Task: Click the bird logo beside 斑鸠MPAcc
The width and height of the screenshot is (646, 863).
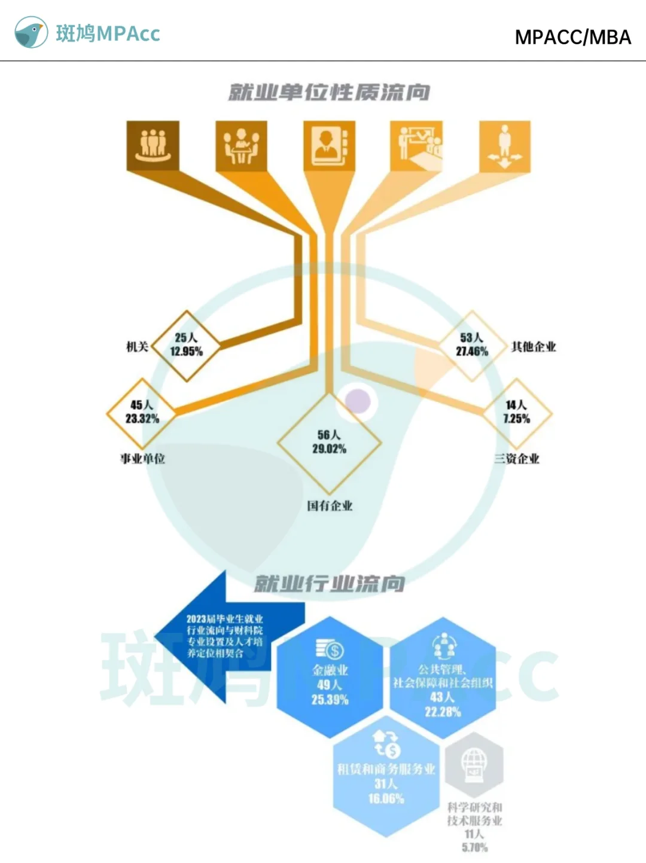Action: (x=31, y=32)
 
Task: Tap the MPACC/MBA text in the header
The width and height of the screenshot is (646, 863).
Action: (x=572, y=37)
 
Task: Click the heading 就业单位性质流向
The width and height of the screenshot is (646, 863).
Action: (x=329, y=92)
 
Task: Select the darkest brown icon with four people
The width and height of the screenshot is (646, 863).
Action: (x=153, y=145)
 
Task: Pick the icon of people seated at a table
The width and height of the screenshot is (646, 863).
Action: (x=241, y=145)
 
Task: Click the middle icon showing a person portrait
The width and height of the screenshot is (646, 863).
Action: (x=329, y=145)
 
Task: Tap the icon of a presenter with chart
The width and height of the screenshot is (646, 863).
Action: (x=416, y=145)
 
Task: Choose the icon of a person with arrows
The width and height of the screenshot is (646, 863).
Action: (x=505, y=145)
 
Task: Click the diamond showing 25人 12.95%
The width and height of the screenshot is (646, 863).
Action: (x=186, y=345)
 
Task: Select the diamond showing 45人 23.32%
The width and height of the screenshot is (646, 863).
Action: (x=142, y=412)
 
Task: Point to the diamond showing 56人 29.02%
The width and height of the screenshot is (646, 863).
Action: (x=329, y=443)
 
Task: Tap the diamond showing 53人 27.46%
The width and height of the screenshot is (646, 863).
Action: (x=472, y=345)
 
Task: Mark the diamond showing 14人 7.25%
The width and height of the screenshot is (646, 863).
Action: (x=516, y=412)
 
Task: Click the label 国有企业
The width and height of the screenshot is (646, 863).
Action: (x=330, y=506)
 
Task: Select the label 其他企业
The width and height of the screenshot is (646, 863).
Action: (x=534, y=347)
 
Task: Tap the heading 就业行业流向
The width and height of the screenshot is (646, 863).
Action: (x=329, y=583)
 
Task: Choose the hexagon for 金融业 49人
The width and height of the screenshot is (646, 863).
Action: (x=330, y=679)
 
